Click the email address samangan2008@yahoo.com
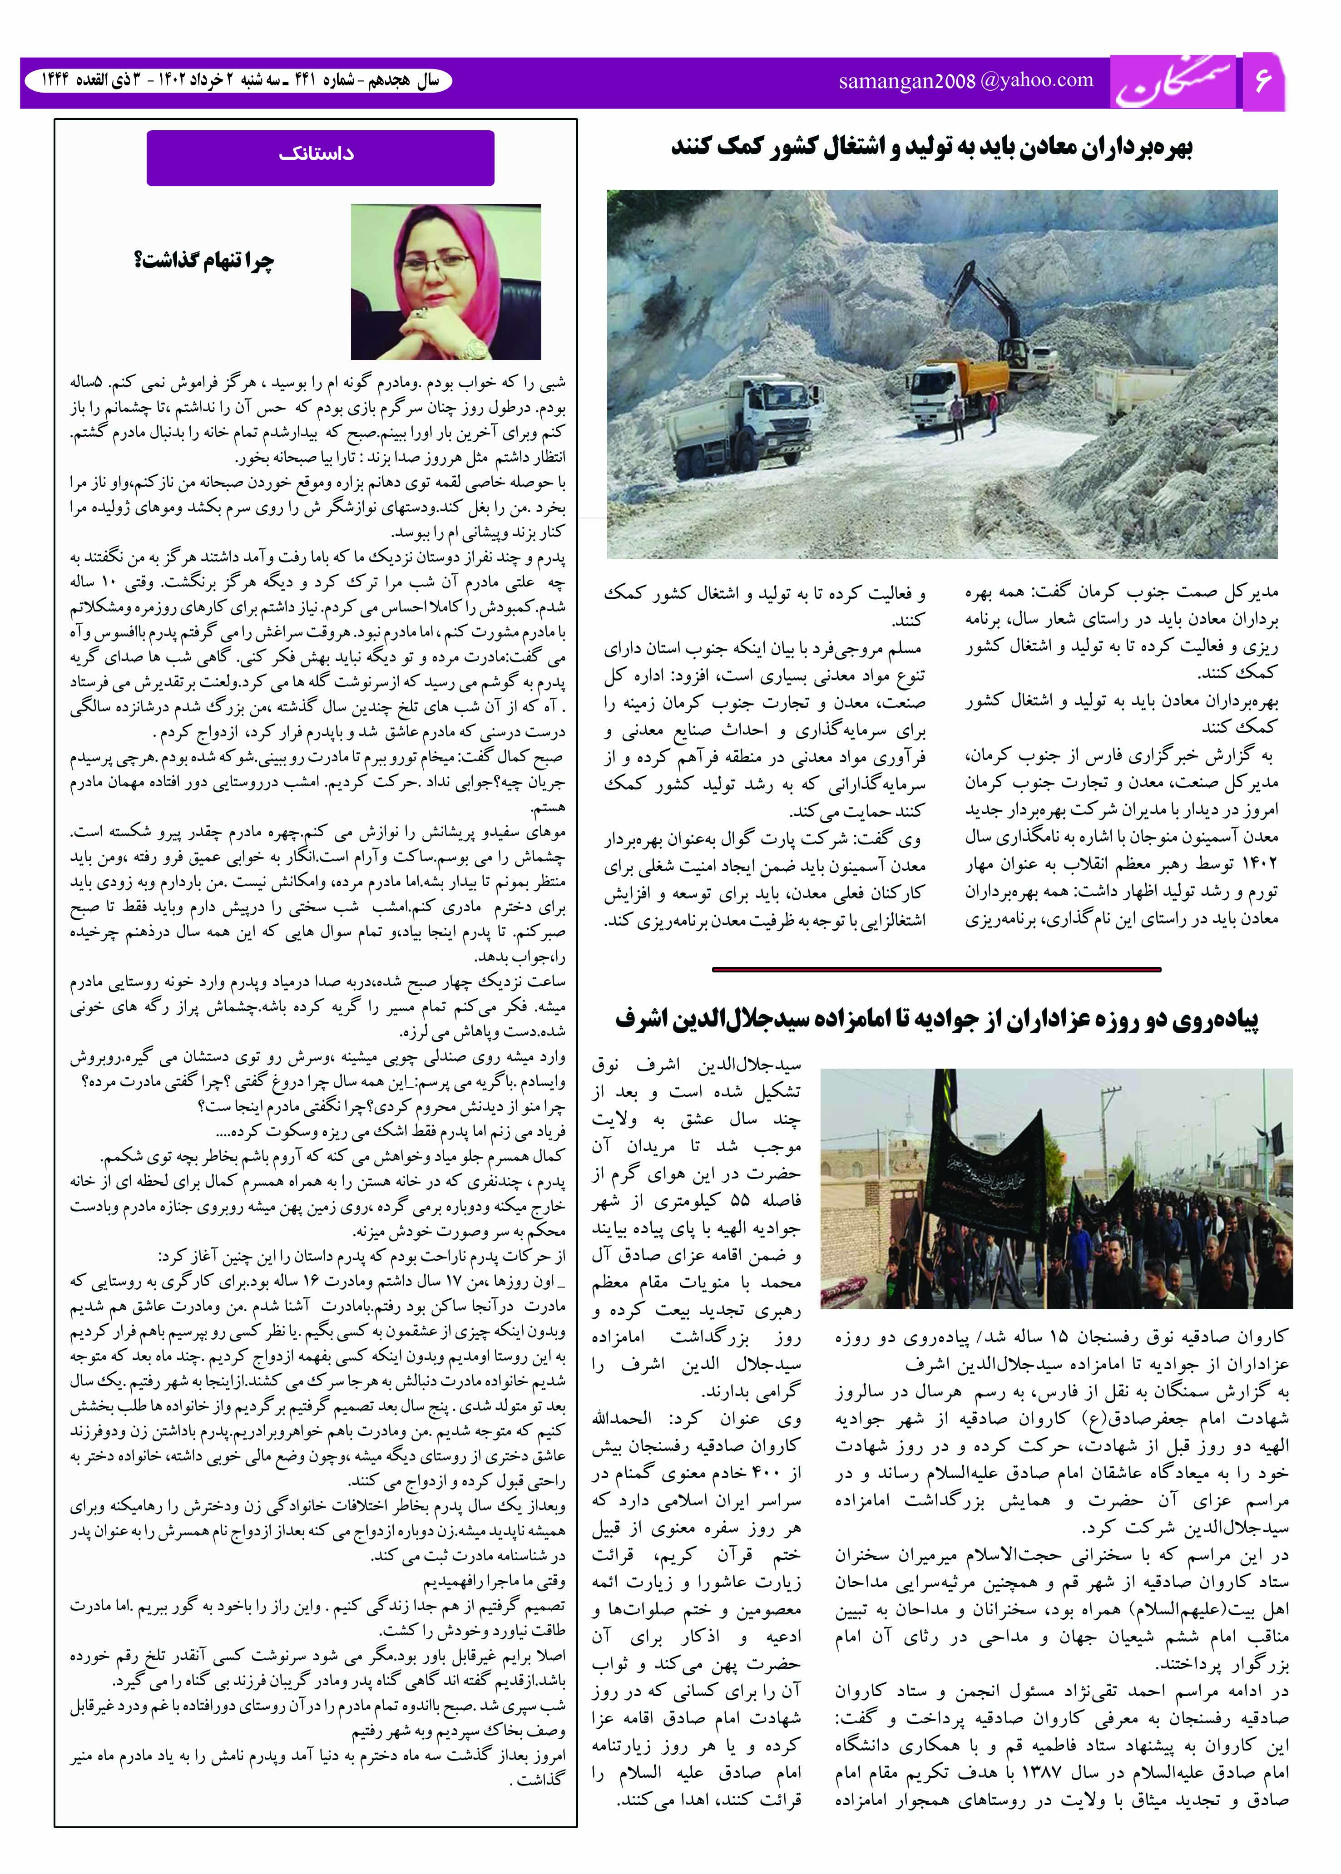tap(965, 81)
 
